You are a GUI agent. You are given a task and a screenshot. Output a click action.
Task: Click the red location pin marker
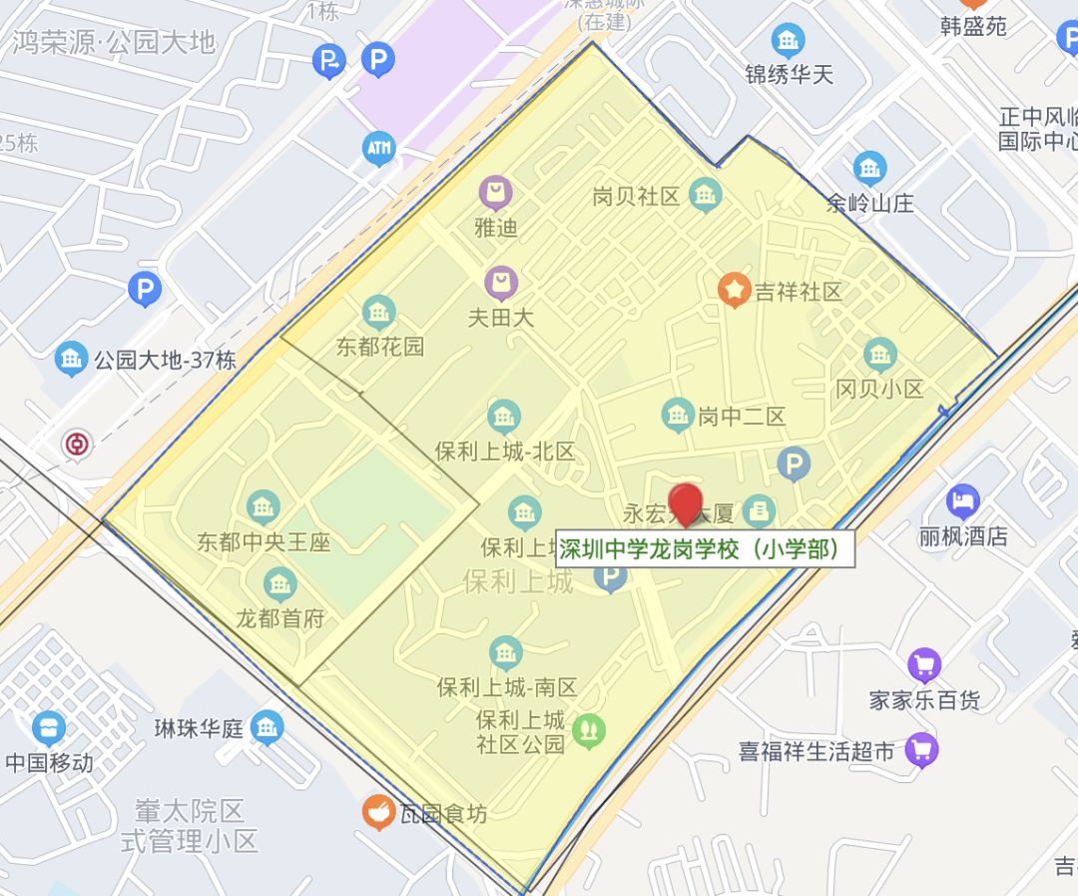point(685,502)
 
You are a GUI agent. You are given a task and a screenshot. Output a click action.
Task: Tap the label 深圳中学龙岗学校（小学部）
point(705,549)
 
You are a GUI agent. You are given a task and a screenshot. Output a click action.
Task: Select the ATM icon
point(378,149)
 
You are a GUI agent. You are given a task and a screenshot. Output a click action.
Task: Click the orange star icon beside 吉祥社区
point(735,291)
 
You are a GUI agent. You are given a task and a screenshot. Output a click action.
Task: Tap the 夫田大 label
point(501,318)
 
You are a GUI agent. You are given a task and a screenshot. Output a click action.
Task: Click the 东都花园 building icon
point(379,313)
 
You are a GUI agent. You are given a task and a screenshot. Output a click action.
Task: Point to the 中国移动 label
point(49,763)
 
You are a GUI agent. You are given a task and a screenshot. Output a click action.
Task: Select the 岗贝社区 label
point(636,196)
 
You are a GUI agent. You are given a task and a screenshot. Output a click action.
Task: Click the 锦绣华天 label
point(789,74)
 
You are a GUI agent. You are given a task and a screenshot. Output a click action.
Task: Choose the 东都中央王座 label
point(264,542)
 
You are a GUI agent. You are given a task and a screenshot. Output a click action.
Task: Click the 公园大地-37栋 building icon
point(71,359)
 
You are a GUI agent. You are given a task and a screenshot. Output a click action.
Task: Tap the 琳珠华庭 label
point(199,728)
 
